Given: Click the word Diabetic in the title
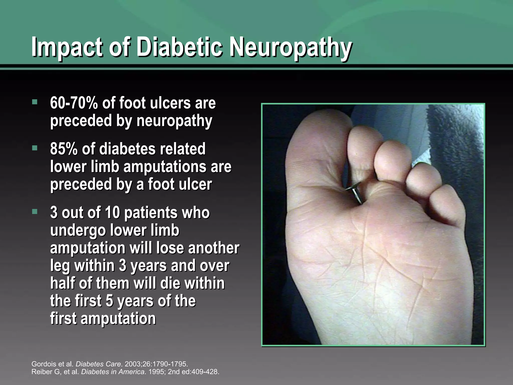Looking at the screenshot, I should tap(180, 47).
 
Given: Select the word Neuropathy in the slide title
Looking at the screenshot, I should tap(291, 47).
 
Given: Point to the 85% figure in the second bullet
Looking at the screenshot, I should tap(64, 149).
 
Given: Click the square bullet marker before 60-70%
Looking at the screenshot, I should tap(35, 102).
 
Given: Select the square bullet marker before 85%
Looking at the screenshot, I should tap(35, 148).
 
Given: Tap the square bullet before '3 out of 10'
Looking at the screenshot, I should tap(35, 212).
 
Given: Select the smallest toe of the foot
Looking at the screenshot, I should tap(447, 206).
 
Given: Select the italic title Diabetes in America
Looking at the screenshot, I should tap(113, 371).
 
